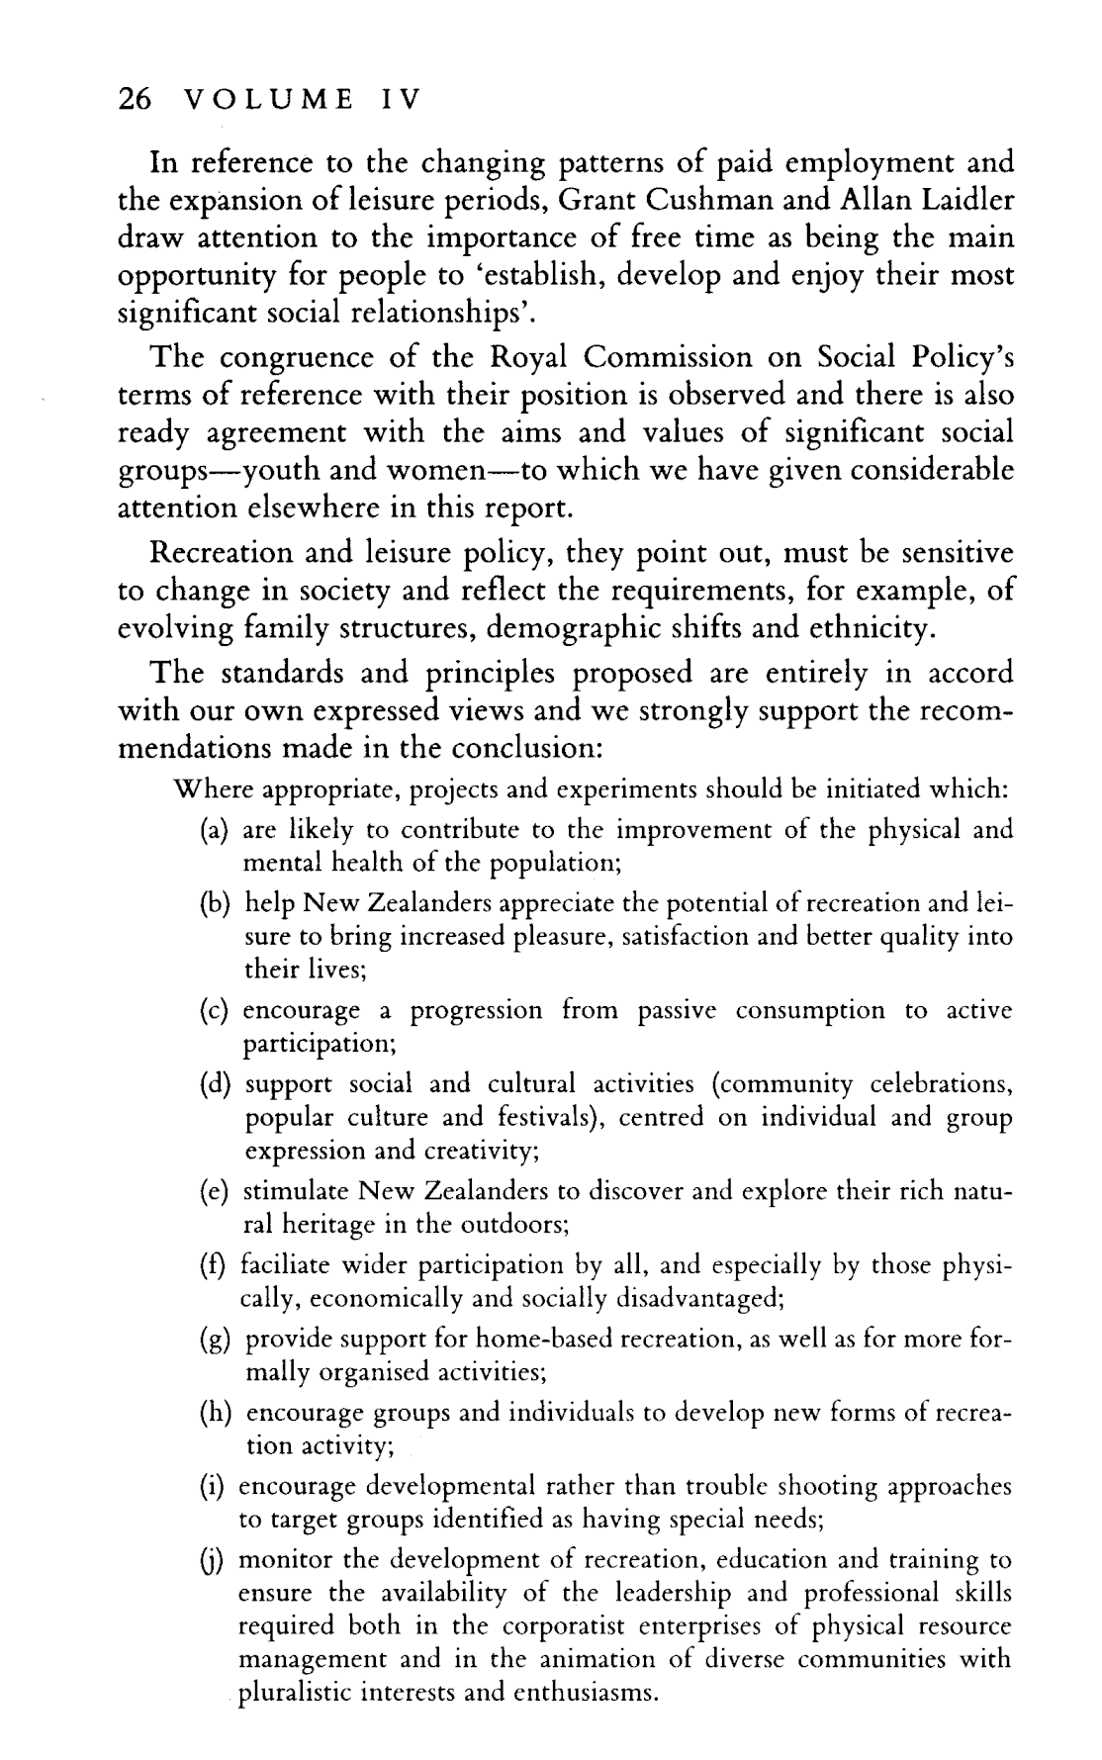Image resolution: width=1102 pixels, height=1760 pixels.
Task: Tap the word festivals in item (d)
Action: click(544, 1118)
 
